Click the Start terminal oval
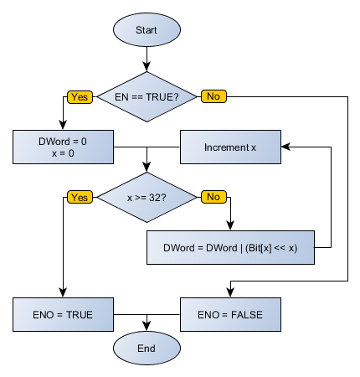click(x=147, y=30)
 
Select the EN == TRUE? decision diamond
click(x=147, y=96)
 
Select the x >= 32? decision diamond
click(x=147, y=197)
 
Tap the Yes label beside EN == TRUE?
click(x=80, y=96)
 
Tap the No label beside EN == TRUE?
click(x=213, y=96)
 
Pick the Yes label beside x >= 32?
click(x=80, y=197)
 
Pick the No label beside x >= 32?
click(x=213, y=197)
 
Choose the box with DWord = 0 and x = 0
click(x=64, y=147)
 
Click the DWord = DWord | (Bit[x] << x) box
click(x=231, y=247)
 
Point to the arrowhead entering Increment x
click(x=286, y=147)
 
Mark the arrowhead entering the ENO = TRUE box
click(x=64, y=293)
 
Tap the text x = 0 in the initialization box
click(x=64, y=154)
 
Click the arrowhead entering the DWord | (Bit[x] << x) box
click(x=231, y=226)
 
